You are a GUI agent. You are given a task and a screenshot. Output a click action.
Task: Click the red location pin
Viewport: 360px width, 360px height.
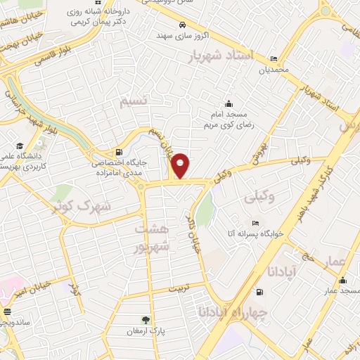pos(181,166)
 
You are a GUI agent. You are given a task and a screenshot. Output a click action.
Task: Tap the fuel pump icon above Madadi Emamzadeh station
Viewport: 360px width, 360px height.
pos(117,153)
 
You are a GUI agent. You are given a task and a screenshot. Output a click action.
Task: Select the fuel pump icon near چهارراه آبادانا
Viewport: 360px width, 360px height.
pos(260,292)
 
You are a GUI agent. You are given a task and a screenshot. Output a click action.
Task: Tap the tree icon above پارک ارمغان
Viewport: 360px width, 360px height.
pos(146,319)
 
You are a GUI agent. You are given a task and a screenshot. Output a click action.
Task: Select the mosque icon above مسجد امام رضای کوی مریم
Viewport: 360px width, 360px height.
pos(228,103)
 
